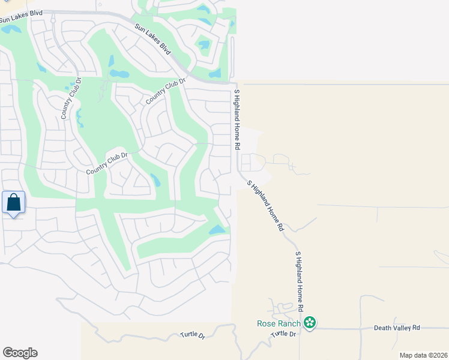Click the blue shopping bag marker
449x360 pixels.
14,203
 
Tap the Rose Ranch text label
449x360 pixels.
278,324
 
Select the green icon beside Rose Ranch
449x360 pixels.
310,324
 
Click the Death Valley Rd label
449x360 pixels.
397,328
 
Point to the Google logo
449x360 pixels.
20,353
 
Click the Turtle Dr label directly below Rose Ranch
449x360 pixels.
283,334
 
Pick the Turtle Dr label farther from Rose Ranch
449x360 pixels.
192,337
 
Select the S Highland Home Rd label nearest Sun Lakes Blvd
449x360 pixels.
237,120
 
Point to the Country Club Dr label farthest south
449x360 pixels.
108,163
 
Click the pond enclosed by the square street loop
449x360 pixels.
204,44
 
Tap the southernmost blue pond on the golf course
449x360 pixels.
217,230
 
